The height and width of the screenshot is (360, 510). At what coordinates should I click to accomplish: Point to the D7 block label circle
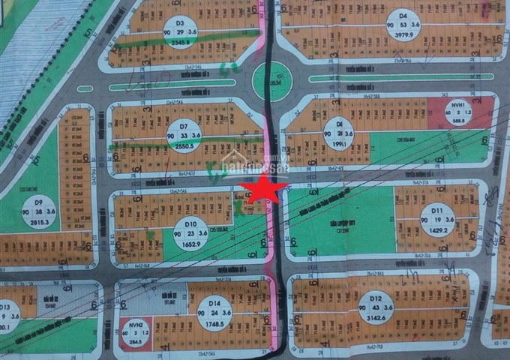tap(184, 134)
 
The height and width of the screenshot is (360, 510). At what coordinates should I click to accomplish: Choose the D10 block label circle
tap(190, 232)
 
